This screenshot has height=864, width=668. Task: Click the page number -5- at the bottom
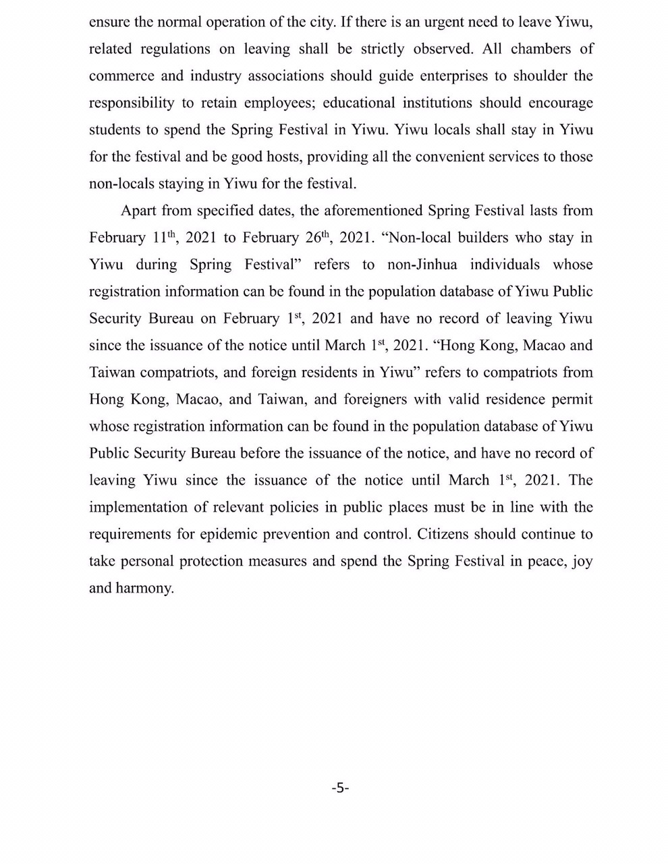tap(340, 787)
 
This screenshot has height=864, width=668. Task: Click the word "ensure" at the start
tap(110, 22)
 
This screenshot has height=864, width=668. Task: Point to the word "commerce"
tap(119, 76)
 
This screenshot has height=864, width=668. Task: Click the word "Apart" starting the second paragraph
tap(138, 211)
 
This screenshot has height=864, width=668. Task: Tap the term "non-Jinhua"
tap(423, 265)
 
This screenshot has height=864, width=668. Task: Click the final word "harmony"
tap(144, 589)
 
